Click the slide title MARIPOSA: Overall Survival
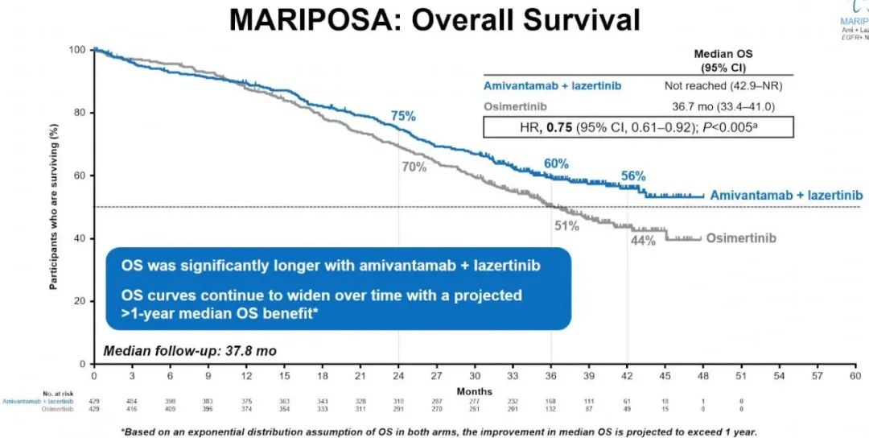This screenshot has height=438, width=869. coord(434,19)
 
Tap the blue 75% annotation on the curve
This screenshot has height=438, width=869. coord(403,116)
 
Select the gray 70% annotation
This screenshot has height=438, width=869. coord(414,167)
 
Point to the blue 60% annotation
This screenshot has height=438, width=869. coord(556,163)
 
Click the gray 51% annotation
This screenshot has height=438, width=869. coord(566,225)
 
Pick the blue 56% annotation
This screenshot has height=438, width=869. coord(632,177)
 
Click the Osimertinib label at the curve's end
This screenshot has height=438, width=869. coord(742,238)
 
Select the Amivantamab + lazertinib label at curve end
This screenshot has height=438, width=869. coord(785,196)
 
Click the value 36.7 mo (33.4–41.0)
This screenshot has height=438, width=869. coord(719,106)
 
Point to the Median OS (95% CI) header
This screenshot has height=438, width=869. coord(719,60)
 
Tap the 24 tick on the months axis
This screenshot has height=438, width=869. coord(399,377)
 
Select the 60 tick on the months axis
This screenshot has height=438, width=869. coord(855,377)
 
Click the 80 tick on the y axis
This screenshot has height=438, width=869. coord(80,113)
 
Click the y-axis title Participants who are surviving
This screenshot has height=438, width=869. coord(54,206)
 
